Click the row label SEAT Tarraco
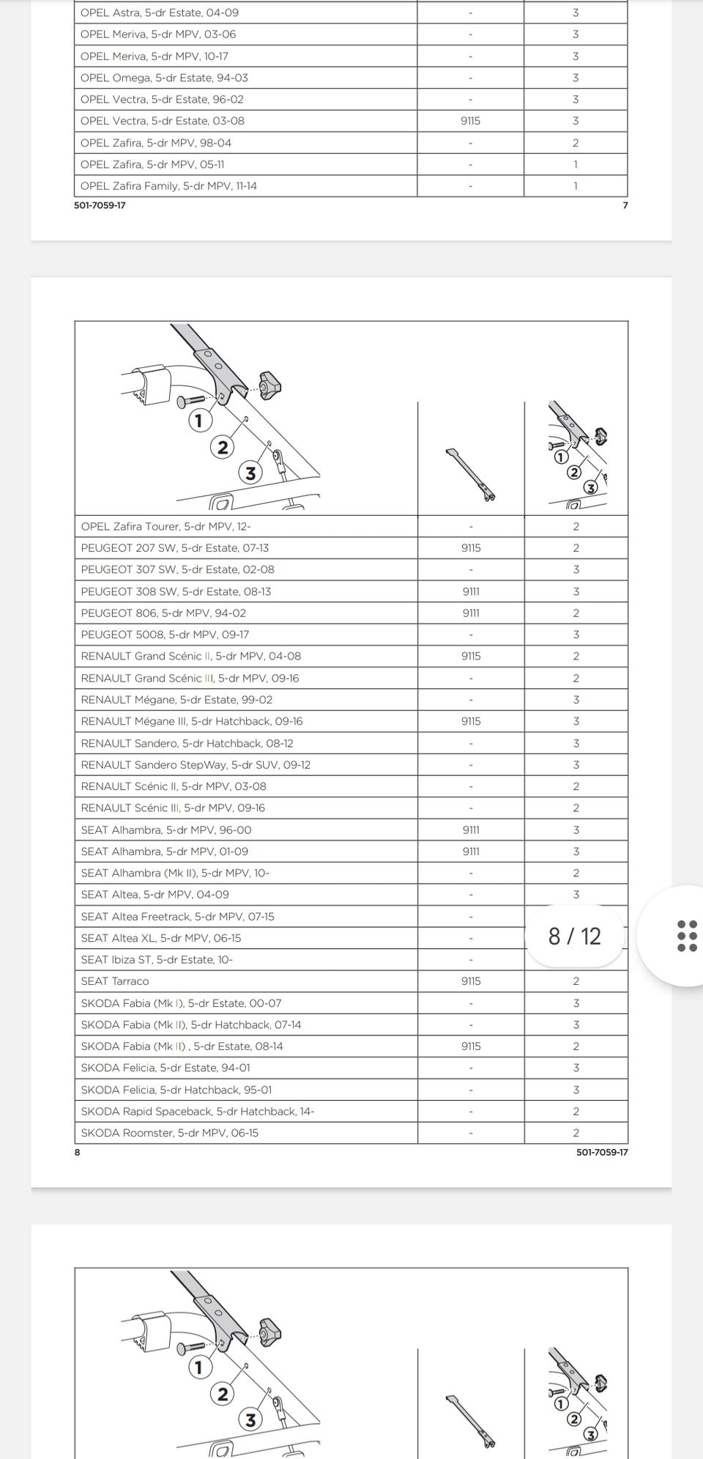pyautogui.click(x=115, y=981)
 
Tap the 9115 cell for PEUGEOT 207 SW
pyautogui.click(x=471, y=548)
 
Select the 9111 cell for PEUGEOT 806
pyautogui.click(x=471, y=613)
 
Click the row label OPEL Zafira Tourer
pyautogui.click(x=166, y=526)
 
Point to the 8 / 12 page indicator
pyautogui.click(x=575, y=936)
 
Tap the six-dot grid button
pyautogui.click(x=687, y=936)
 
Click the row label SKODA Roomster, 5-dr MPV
pyautogui.click(x=169, y=1133)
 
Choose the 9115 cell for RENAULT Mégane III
pyautogui.click(x=471, y=721)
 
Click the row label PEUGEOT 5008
pyautogui.click(x=167, y=635)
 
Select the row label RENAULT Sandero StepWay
pyautogui.click(x=196, y=764)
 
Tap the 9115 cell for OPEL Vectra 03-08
pyautogui.click(x=470, y=121)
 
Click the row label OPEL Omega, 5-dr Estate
pyautogui.click(x=164, y=78)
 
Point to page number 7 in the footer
pyautogui.click(x=625, y=205)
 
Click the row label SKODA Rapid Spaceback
pyautogui.click(x=197, y=1111)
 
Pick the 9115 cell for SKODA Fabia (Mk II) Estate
pyautogui.click(x=471, y=1046)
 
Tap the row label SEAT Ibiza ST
pyautogui.click(x=157, y=959)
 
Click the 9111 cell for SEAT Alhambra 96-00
pyautogui.click(x=471, y=830)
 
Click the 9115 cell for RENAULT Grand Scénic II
pyautogui.click(x=471, y=657)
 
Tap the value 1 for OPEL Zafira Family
pyautogui.click(x=576, y=186)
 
